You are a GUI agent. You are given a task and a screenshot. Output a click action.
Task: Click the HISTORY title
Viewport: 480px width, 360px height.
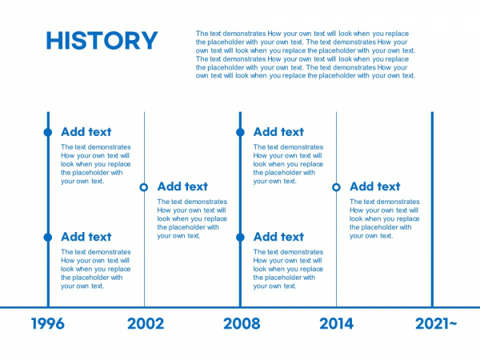[x=102, y=41]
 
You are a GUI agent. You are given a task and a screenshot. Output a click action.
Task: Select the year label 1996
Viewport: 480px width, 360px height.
[x=48, y=323]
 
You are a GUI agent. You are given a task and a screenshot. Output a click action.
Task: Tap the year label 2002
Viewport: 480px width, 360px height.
[x=146, y=323]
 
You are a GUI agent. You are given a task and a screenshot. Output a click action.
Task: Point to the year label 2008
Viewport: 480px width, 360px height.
[x=242, y=323]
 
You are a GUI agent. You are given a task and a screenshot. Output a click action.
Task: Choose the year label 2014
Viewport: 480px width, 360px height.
[x=337, y=323]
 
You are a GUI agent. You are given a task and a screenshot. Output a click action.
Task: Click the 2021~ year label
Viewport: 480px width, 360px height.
[x=436, y=323]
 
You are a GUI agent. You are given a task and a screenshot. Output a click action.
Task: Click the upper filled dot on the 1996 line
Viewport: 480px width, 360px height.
[x=48, y=132]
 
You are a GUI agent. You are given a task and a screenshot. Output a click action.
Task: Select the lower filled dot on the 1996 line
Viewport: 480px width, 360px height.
[x=48, y=238]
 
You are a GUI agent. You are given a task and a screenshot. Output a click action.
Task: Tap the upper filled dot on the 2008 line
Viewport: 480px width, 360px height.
[x=240, y=132]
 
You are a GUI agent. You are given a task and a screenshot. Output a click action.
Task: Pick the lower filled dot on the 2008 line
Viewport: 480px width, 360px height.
[x=240, y=238]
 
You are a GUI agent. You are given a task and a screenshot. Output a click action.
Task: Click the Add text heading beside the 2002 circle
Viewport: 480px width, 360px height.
[x=182, y=186]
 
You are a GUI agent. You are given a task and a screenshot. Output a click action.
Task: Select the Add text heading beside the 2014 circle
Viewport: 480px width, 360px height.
[x=375, y=186]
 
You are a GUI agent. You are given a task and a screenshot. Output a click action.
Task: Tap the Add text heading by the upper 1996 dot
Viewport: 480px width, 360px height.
[x=86, y=132]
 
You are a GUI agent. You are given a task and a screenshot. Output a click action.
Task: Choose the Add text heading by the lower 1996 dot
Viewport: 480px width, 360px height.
[x=86, y=237]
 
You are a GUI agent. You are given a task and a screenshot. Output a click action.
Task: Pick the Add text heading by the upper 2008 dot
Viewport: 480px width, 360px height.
[x=279, y=132]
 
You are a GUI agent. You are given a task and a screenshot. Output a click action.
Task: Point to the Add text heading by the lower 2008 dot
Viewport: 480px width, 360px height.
[x=279, y=237]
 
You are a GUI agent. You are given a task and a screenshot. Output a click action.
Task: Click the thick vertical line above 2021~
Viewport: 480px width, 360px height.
[x=432, y=210]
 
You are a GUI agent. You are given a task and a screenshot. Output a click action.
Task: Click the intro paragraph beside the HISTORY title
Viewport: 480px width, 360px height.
[x=306, y=54]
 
